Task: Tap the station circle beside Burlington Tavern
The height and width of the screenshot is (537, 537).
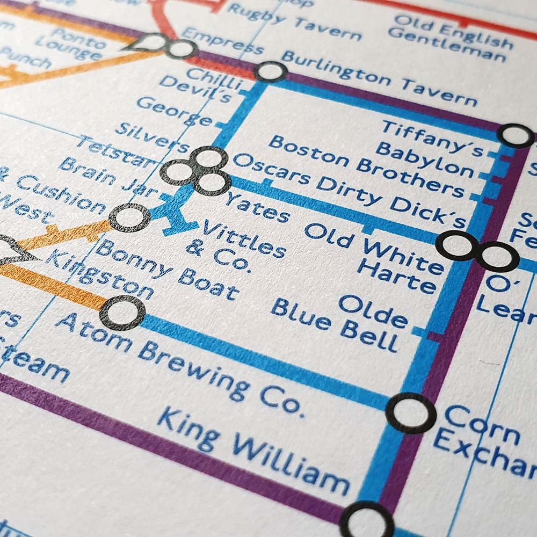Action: (x=271, y=71)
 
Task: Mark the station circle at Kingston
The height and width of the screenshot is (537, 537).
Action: (x=122, y=312)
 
